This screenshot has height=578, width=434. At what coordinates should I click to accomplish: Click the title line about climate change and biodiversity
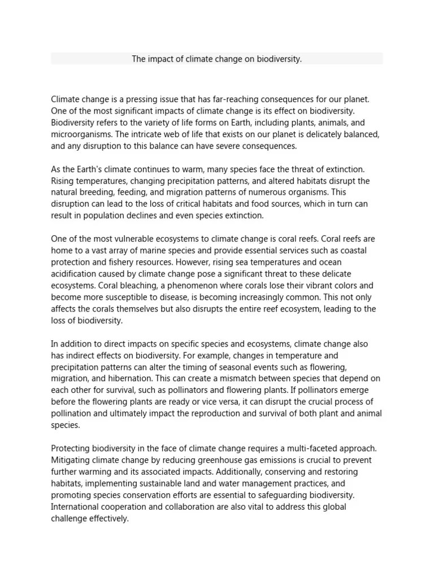217,59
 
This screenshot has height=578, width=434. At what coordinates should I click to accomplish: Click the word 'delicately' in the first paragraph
324,135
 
